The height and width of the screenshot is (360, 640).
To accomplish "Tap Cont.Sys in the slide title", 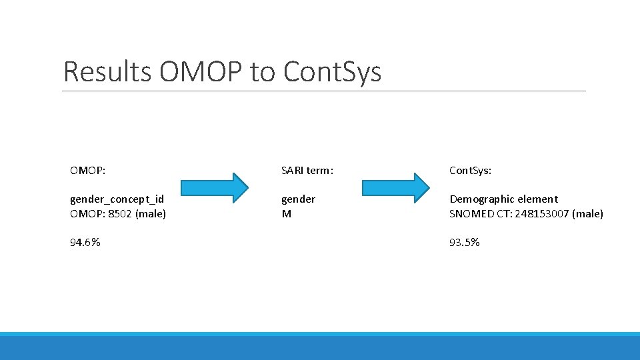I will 332,72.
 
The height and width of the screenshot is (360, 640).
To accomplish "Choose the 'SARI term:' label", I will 307,171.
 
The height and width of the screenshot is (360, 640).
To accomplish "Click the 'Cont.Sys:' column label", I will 470,171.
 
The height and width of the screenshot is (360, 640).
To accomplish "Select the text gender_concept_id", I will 117,199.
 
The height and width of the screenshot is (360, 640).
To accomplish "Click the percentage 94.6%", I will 85,243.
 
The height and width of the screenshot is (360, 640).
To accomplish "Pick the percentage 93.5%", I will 465,243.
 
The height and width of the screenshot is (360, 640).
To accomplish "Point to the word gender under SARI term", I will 298,199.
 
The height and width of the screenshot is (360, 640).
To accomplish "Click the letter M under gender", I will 286,214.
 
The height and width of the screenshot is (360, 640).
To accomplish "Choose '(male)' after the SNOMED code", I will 588,214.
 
